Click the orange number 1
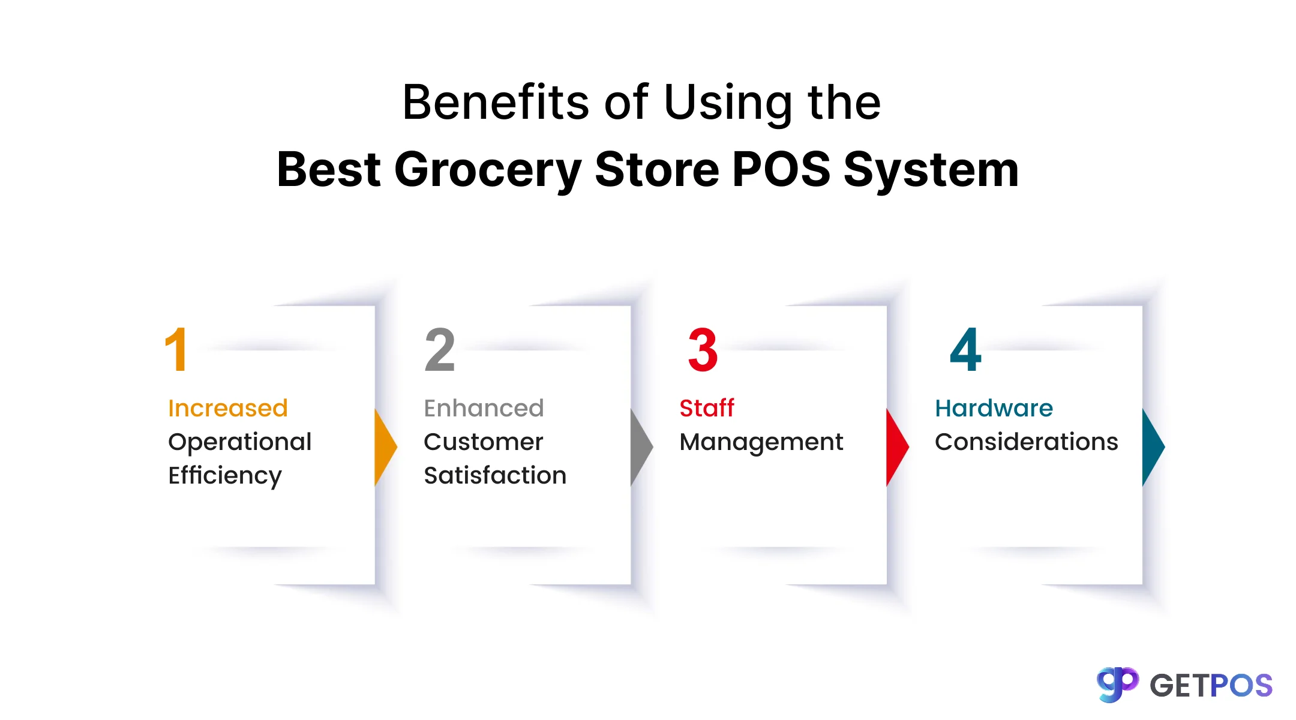click(176, 350)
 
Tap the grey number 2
click(440, 350)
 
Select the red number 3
click(703, 350)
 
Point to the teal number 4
click(965, 350)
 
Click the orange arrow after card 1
click(385, 447)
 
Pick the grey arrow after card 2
click(641, 447)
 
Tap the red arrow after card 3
click(896, 447)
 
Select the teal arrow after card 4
click(1153, 447)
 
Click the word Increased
click(228, 409)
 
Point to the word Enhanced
click(484, 409)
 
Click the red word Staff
click(707, 409)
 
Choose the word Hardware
click(994, 409)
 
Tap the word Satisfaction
click(495, 475)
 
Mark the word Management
click(761, 442)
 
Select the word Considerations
click(1026, 442)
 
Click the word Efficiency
click(225, 476)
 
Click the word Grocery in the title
click(488, 170)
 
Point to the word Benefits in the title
click(496, 103)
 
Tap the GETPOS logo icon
click(1117, 685)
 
